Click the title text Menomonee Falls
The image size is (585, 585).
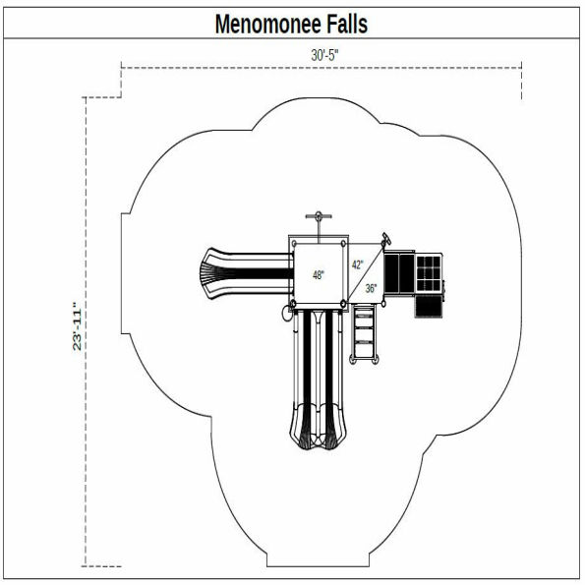292,24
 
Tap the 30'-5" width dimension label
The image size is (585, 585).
325,56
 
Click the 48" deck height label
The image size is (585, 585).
318,275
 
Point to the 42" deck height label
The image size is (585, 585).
358,264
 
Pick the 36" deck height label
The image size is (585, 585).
371,288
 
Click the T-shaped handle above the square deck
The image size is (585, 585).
317,218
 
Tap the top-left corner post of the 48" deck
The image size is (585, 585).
292,241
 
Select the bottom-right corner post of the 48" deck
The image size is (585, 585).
343,302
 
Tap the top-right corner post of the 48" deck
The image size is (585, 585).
343,241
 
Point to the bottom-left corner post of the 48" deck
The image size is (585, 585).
292,302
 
